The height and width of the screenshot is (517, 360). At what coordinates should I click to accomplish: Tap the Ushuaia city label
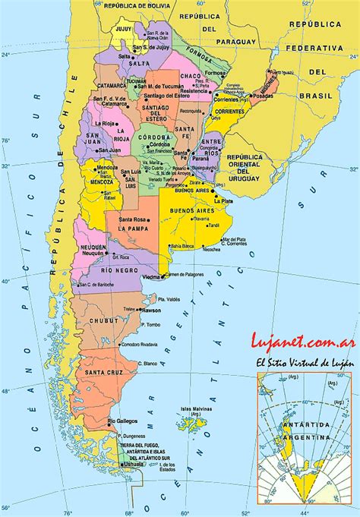pos(135,463)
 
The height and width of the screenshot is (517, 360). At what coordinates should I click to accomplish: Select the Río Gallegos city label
pos(122,421)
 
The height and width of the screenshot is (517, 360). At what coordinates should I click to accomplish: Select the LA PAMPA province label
pos(131,227)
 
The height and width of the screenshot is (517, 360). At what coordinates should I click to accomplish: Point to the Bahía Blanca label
pos(182,247)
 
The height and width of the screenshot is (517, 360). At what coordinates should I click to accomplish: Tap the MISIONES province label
pos(271,84)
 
